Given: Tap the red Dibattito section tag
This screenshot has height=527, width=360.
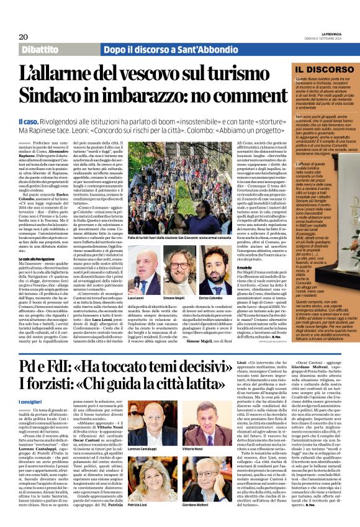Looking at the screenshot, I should pyautogui.click(x=43, y=49).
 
